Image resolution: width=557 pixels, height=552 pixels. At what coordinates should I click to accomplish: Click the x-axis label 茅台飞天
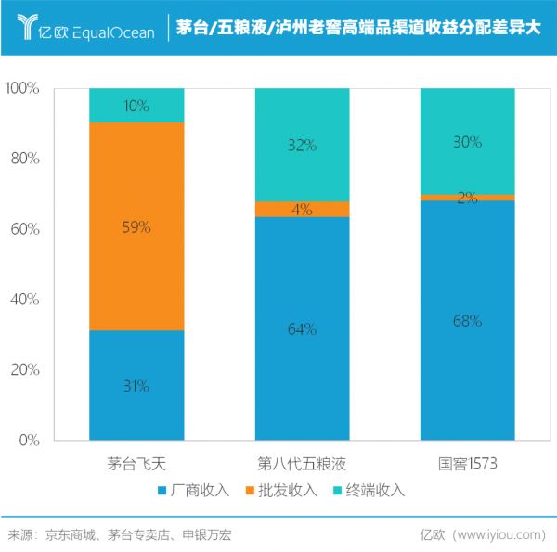click(x=136, y=462)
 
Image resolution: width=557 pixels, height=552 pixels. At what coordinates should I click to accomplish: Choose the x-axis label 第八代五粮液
click(x=302, y=462)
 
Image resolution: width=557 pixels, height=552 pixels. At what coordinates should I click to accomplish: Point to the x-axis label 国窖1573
click(x=467, y=462)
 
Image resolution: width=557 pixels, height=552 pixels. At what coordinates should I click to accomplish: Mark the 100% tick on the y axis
click(x=21, y=88)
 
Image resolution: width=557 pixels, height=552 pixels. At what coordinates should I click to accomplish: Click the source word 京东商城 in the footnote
click(x=70, y=534)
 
